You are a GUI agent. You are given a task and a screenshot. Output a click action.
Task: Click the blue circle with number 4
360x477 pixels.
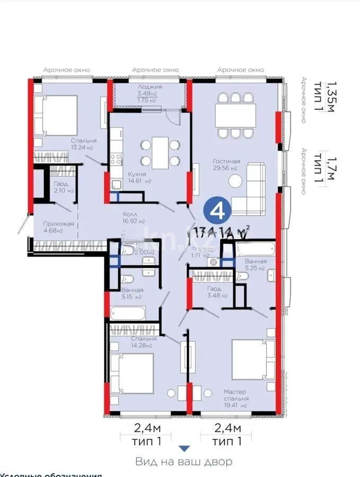[x=216, y=210]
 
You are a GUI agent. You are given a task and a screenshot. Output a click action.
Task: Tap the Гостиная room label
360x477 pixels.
[x=227, y=161]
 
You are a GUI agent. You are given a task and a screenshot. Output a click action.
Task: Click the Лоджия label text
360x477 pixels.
[x=150, y=86]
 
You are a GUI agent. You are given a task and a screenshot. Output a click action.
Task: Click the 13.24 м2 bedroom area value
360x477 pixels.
[x=82, y=148]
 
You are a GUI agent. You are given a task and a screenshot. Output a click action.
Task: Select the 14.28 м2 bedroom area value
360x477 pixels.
[x=142, y=346]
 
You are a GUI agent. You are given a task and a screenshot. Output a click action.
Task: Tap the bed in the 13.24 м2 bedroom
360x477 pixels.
[x=55, y=116]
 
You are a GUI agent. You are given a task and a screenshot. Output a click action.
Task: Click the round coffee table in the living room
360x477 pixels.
[x=235, y=181]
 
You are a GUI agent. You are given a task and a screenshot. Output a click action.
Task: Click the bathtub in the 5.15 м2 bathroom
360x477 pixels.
[x=127, y=313]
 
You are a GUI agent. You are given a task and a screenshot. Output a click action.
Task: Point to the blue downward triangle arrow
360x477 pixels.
[x=183, y=448]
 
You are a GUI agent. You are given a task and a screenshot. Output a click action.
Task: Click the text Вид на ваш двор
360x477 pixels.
[x=183, y=462]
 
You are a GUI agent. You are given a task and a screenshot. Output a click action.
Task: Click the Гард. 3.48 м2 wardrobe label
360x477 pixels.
[x=217, y=291]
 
